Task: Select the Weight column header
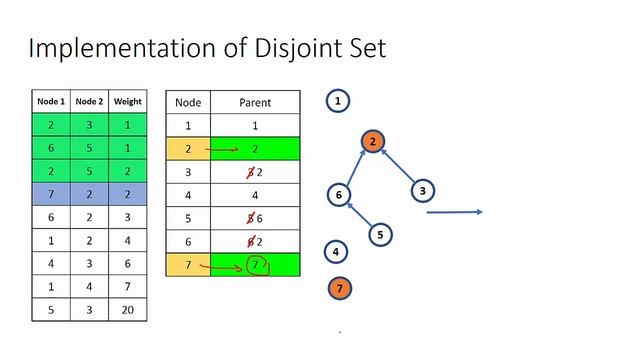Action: [127, 101]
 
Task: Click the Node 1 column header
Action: [50, 101]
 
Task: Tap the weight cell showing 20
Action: [127, 310]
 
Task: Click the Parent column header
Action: [255, 102]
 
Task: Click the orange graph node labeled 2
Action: [372, 142]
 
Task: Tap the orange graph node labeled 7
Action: [339, 289]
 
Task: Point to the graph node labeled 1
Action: [338, 101]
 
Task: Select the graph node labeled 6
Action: [339, 195]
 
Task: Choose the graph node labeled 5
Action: [379, 235]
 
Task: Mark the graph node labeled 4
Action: [338, 252]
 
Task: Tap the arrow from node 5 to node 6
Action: [359, 215]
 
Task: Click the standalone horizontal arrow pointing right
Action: [455, 212]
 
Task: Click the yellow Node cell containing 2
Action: [187, 147]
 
